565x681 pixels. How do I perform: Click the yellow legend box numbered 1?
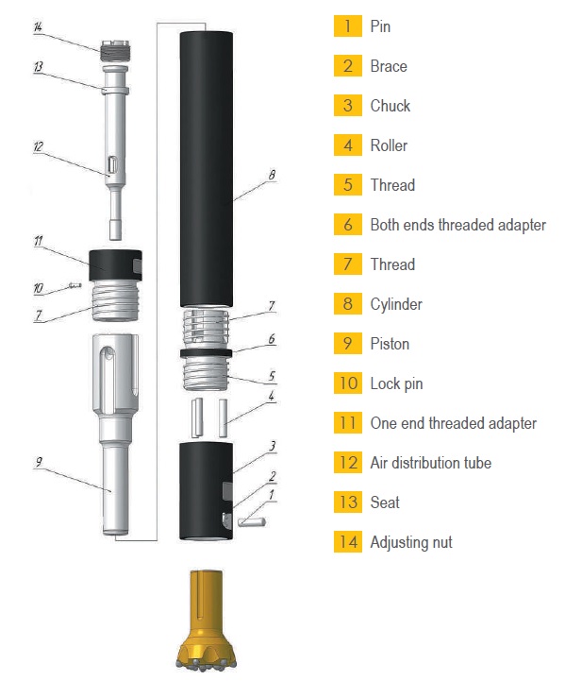click(348, 26)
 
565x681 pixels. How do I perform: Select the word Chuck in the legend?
click(390, 106)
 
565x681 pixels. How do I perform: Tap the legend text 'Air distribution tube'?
click(430, 463)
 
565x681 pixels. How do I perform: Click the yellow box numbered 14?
click(348, 541)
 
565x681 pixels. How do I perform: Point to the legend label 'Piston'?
click(390, 344)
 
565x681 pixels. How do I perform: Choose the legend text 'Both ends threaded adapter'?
click(457, 225)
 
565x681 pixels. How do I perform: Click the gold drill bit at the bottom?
click(207, 619)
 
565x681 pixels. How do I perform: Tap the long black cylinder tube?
click(207, 169)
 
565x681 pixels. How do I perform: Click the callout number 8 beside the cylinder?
click(272, 175)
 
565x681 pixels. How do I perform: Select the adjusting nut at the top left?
click(115, 51)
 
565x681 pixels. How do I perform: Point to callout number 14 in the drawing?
click(38, 27)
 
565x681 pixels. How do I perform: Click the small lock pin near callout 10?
click(75, 285)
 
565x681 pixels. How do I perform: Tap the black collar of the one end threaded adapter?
click(115, 265)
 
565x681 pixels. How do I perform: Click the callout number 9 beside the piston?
click(39, 462)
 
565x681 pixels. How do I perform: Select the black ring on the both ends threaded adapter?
click(206, 352)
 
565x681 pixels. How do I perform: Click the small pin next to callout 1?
click(252, 522)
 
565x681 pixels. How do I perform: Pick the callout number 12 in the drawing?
click(38, 146)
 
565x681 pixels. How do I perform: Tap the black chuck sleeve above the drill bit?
click(207, 491)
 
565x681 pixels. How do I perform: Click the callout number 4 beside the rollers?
click(272, 396)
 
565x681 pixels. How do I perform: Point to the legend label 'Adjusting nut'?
click(411, 542)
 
